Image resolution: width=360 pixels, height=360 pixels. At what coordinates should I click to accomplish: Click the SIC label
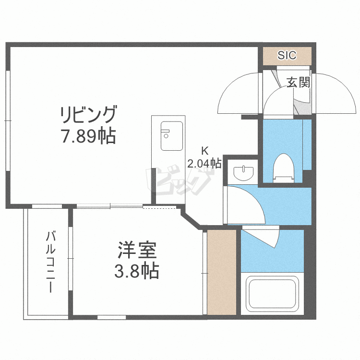(x=287, y=55)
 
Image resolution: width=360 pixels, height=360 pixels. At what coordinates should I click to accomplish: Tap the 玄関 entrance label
(x=299, y=82)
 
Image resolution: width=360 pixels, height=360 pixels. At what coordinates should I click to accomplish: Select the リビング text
(x=88, y=114)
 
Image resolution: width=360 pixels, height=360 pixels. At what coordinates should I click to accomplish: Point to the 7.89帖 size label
(x=88, y=136)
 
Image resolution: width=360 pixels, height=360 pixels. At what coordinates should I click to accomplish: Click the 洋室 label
(x=137, y=250)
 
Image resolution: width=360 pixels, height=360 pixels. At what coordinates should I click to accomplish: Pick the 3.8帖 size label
(x=137, y=271)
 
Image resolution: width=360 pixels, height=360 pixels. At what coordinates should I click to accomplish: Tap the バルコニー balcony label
(x=50, y=262)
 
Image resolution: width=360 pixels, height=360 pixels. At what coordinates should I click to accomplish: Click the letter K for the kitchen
(x=204, y=151)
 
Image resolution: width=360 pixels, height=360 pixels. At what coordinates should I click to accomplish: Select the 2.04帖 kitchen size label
(x=204, y=163)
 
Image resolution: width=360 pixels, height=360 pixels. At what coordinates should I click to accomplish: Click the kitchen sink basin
(x=172, y=136)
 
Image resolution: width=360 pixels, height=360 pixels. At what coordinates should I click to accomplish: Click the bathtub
(x=272, y=293)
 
